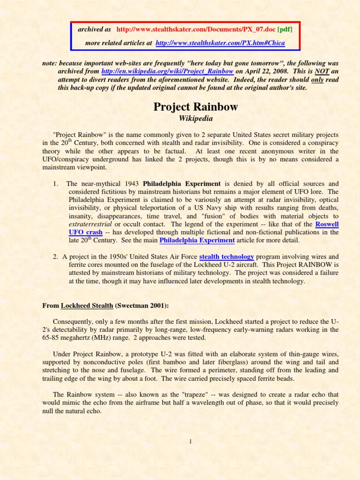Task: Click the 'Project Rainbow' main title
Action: pyautogui.click(x=195, y=107)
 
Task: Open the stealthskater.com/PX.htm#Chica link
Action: pyautogui.click(x=220, y=43)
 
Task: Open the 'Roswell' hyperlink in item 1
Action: pyautogui.click(x=327, y=224)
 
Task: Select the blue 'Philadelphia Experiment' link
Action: pyautogui.click(x=197, y=240)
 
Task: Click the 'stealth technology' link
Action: pyautogui.click(x=226, y=256)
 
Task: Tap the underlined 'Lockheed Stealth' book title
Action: pyautogui.click(x=87, y=306)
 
